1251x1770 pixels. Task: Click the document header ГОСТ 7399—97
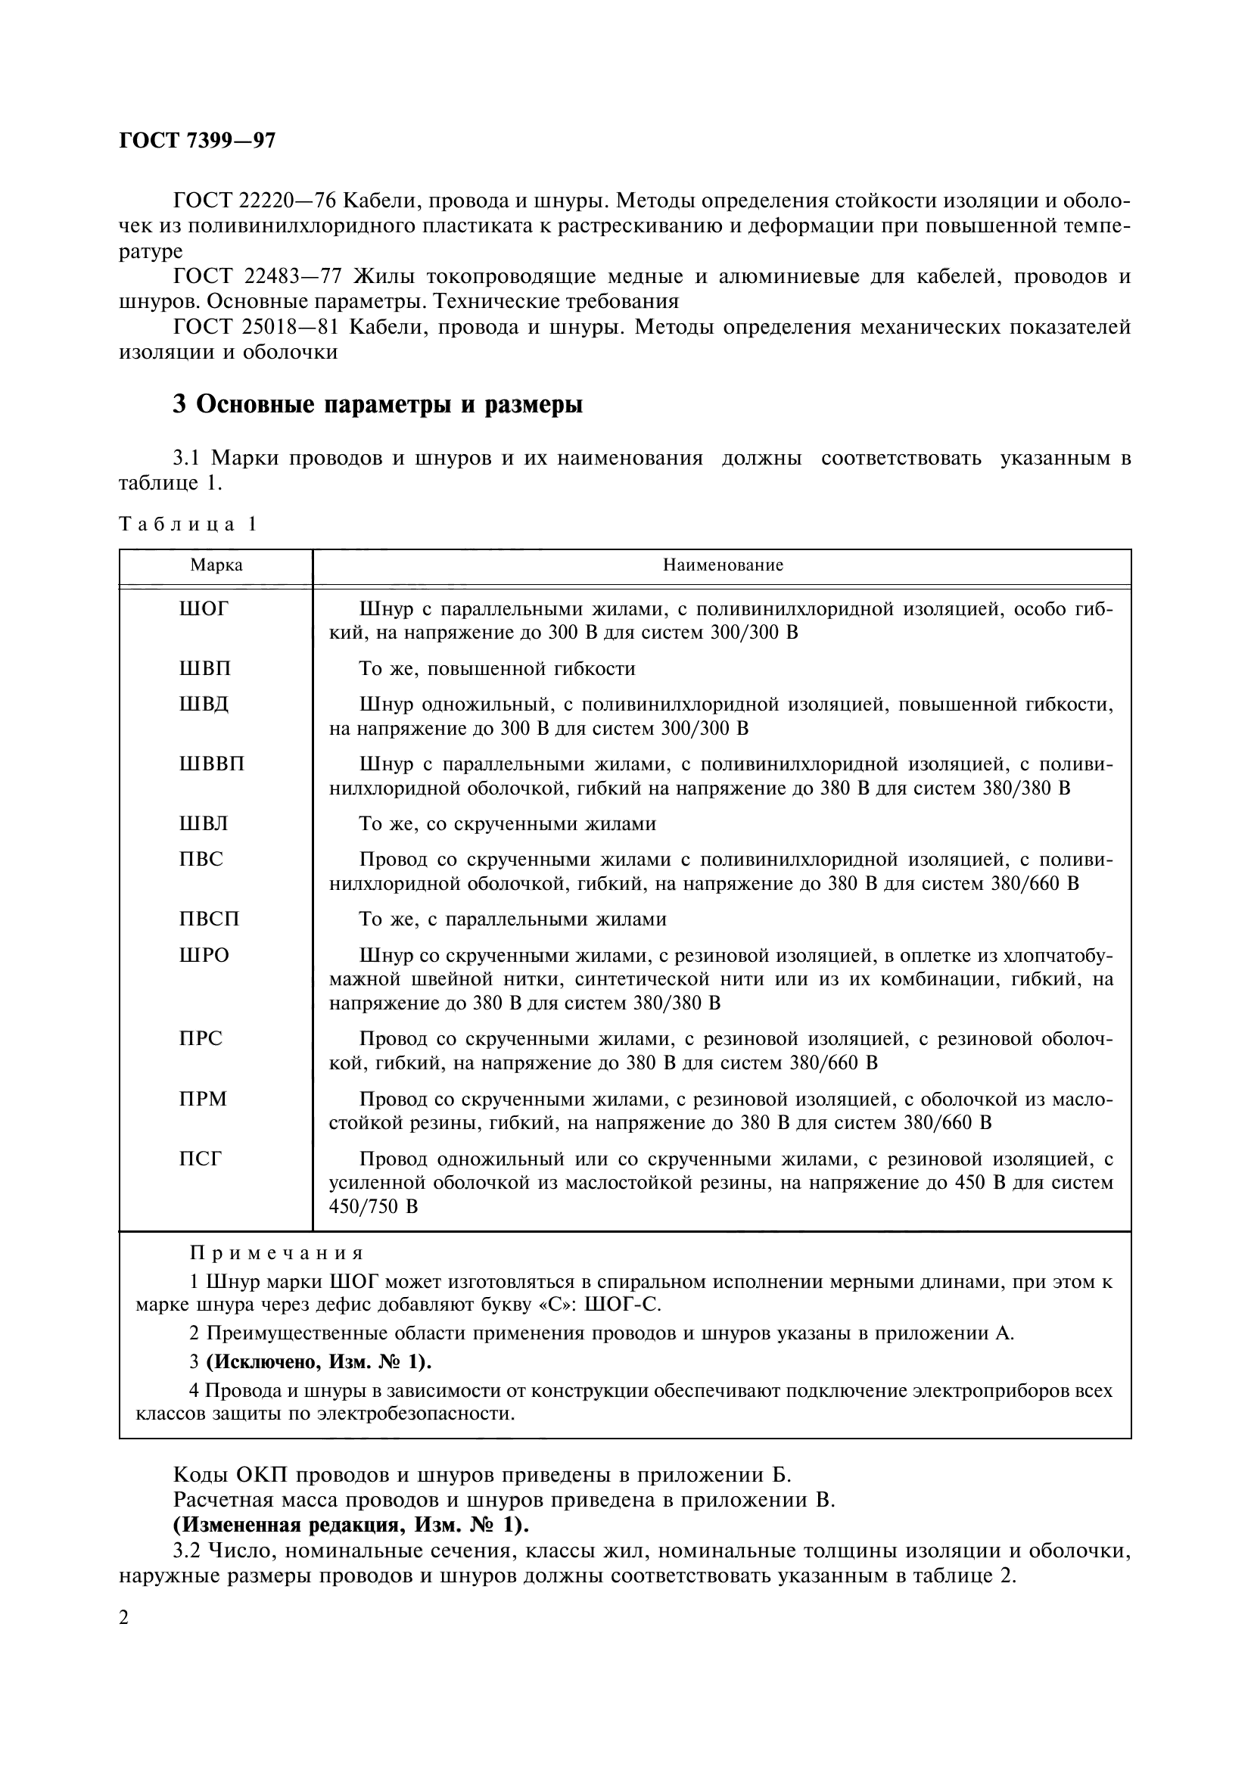coord(198,141)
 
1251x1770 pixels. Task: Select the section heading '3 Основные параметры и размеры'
coord(378,404)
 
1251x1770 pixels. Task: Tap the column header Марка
coord(216,565)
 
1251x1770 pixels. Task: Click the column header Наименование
coord(723,565)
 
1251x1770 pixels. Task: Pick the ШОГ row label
coord(204,609)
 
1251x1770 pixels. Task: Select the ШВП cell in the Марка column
coord(204,668)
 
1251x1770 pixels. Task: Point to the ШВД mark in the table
coord(204,705)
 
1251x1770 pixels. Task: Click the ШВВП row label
coord(211,764)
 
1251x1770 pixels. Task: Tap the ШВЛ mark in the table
coord(204,824)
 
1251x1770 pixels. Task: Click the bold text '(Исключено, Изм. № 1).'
coord(319,1362)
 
